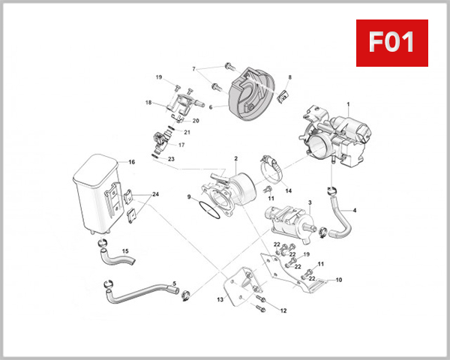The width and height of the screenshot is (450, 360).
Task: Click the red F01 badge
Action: (391, 43)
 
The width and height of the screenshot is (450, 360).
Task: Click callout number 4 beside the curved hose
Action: (355, 211)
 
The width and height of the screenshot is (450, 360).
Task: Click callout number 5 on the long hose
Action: (174, 283)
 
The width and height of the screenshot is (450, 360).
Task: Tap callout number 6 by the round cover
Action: (211, 107)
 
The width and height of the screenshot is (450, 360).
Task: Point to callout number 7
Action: (193, 69)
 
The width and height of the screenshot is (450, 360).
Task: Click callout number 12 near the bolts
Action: (283, 310)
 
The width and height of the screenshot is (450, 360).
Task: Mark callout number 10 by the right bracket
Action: (338, 280)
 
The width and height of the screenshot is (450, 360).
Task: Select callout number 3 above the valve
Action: (310, 202)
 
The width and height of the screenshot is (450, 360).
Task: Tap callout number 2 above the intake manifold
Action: (235, 158)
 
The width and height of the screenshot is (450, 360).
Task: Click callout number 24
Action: (156, 194)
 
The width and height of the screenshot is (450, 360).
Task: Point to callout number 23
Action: (171, 159)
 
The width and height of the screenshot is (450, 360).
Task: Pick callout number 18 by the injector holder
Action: (148, 102)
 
